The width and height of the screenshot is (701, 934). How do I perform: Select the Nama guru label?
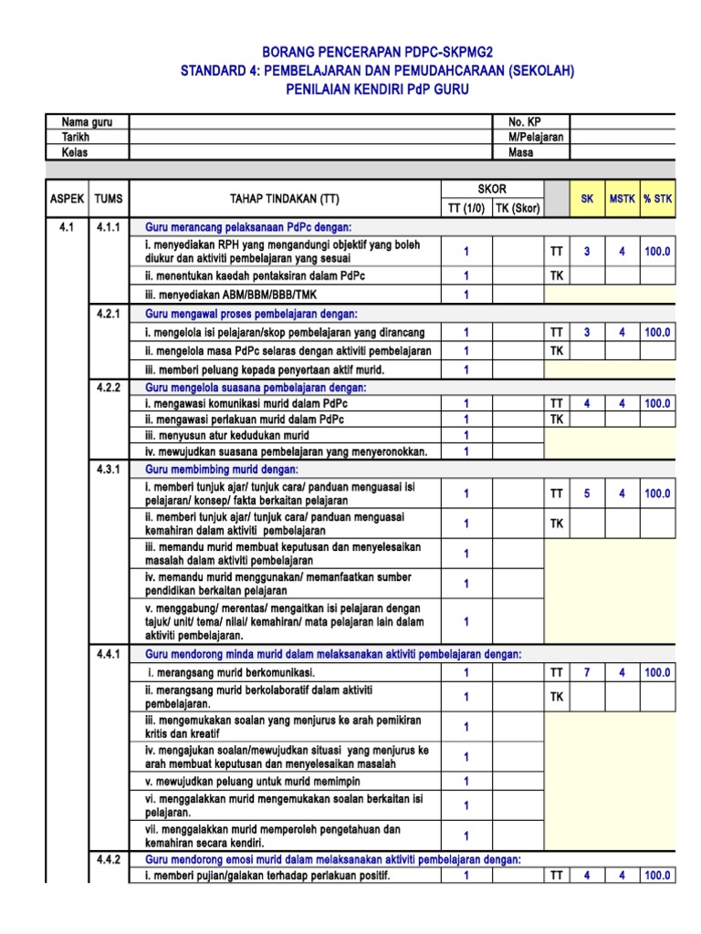(81, 122)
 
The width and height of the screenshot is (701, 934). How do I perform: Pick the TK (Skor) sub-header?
(518, 208)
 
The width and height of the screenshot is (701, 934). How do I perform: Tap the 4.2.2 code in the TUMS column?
(110, 388)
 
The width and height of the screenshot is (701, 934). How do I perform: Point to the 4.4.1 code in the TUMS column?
(110, 654)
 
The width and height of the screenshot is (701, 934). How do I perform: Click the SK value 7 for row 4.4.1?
(587, 672)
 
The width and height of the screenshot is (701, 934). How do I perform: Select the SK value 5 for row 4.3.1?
(587, 493)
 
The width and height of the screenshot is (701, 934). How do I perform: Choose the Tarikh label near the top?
(75, 137)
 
